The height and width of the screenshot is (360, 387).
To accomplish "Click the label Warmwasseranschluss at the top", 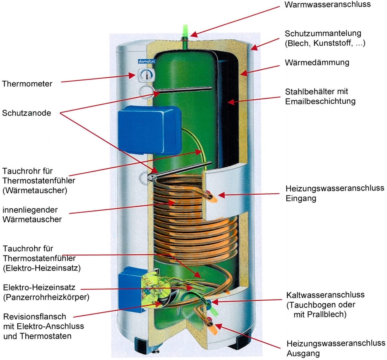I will (x=327, y=5).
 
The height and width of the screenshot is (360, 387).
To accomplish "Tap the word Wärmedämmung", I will (x=317, y=63).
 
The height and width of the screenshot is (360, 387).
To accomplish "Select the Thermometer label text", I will (x=27, y=84).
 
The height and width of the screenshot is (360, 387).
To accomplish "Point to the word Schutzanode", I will (x=27, y=113).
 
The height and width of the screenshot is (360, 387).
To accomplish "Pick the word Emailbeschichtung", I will (x=320, y=101).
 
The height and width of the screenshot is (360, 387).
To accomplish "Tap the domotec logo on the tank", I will (x=144, y=61).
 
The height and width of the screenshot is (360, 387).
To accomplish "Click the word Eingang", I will (x=301, y=199).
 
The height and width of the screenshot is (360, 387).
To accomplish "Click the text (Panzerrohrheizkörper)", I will (x=46, y=297).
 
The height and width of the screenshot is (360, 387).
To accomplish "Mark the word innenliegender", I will (x=30, y=210).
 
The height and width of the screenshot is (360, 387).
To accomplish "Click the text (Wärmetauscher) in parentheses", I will (x=35, y=189).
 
